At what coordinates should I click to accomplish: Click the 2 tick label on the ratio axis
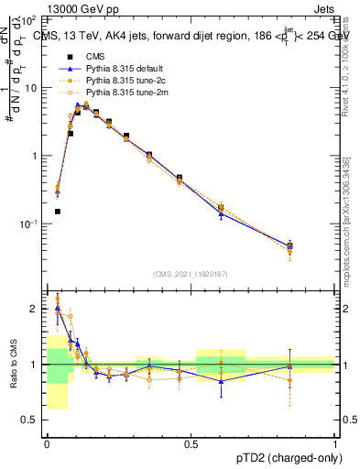(x=35, y=310)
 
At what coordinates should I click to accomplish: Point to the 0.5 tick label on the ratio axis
(x=30, y=420)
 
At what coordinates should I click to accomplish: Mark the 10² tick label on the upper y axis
(x=29, y=19)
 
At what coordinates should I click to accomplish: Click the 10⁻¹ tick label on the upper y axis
(x=29, y=224)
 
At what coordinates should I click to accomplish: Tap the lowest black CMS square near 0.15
(x=57, y=212)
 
